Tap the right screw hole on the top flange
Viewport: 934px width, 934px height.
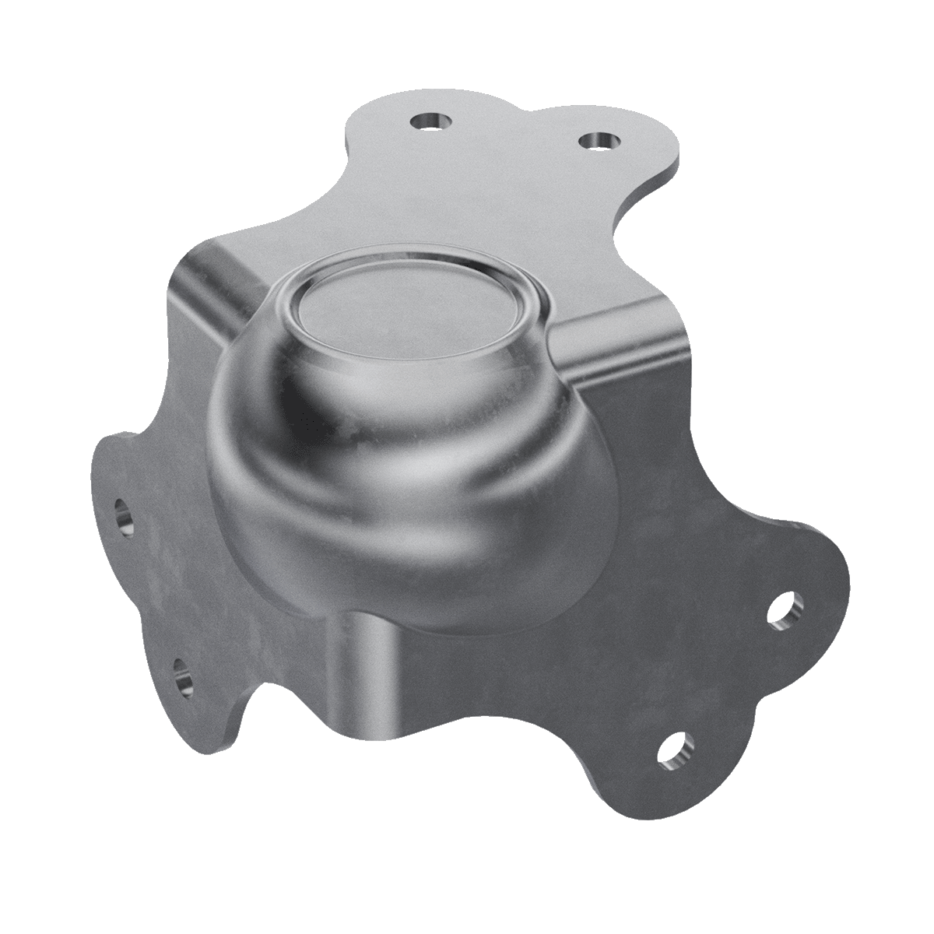[599, 141]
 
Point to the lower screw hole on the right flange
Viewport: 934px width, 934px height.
[674, 750]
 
